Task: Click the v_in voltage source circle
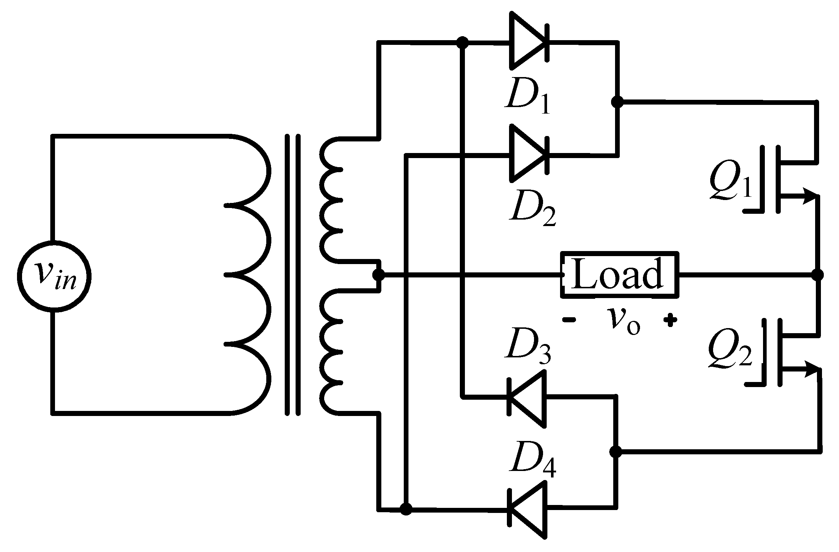pyautogui.click(x=54, y=276)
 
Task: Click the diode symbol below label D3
pyautogui.click(x=526, y=399)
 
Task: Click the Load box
pyautogui.click(x=619, y=275)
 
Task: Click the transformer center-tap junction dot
pyautogui.click(x=379, y=275)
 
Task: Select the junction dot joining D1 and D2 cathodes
pyautogui.click(x=616, y=102)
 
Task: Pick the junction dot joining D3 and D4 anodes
pyautogui.click(x=615, y=451)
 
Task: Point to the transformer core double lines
pyautogui.click(x=293, y=275)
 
